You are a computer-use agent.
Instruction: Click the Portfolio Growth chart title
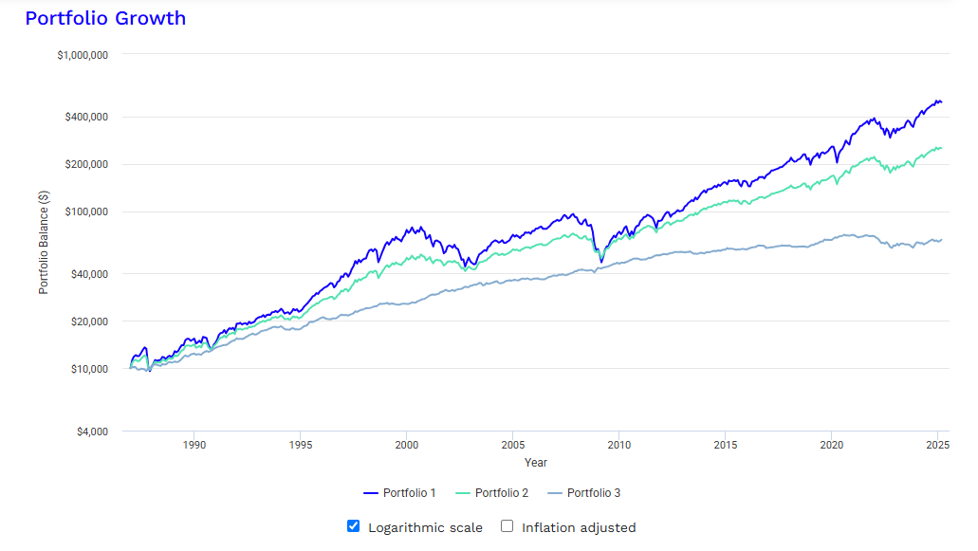[x=105, y=18]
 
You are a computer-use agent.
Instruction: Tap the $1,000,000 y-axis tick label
[x=83, y=55]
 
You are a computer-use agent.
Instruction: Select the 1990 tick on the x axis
[x=194, y=445]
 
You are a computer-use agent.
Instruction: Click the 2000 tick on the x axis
[x=406, y=445]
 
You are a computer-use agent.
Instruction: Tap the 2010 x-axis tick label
[x=618, y=445]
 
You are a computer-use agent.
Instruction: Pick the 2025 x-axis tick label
[x=937, y=445]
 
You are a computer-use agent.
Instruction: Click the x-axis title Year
[x=536, y=463]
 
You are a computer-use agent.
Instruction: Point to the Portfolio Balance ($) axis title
[x=44, y=242]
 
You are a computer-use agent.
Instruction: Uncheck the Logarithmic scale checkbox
[x=354, y=526]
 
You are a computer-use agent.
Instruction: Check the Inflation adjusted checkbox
[x=507, y=526]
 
